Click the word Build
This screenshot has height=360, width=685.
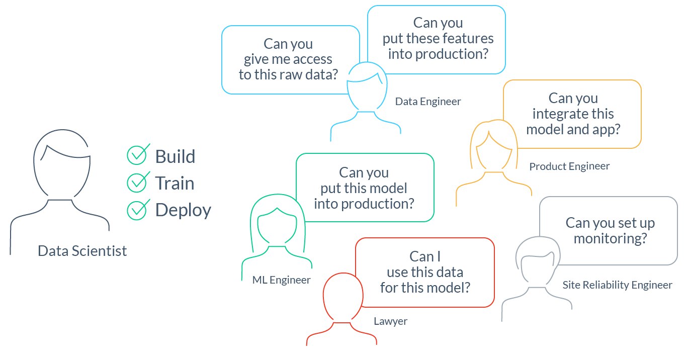tap(175, 156)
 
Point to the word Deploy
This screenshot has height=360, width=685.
tap(183, 211)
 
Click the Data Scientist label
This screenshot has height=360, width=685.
tap(82, 251)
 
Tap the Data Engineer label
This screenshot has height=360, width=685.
tap(428, 102)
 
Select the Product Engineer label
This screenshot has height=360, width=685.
tap(569, 166)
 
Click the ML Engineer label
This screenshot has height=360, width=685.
tap(281, 280)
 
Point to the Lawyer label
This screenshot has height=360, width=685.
tap(390, 321)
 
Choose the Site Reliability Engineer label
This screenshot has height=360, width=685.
tap(617, 285)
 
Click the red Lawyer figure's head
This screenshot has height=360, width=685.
tap(343, 297)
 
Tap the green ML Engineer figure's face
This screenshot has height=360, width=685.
tap(277, 226)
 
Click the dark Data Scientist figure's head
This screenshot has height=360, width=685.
tap(62, 163)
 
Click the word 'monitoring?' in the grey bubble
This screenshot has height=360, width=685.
tap(611, 239)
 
